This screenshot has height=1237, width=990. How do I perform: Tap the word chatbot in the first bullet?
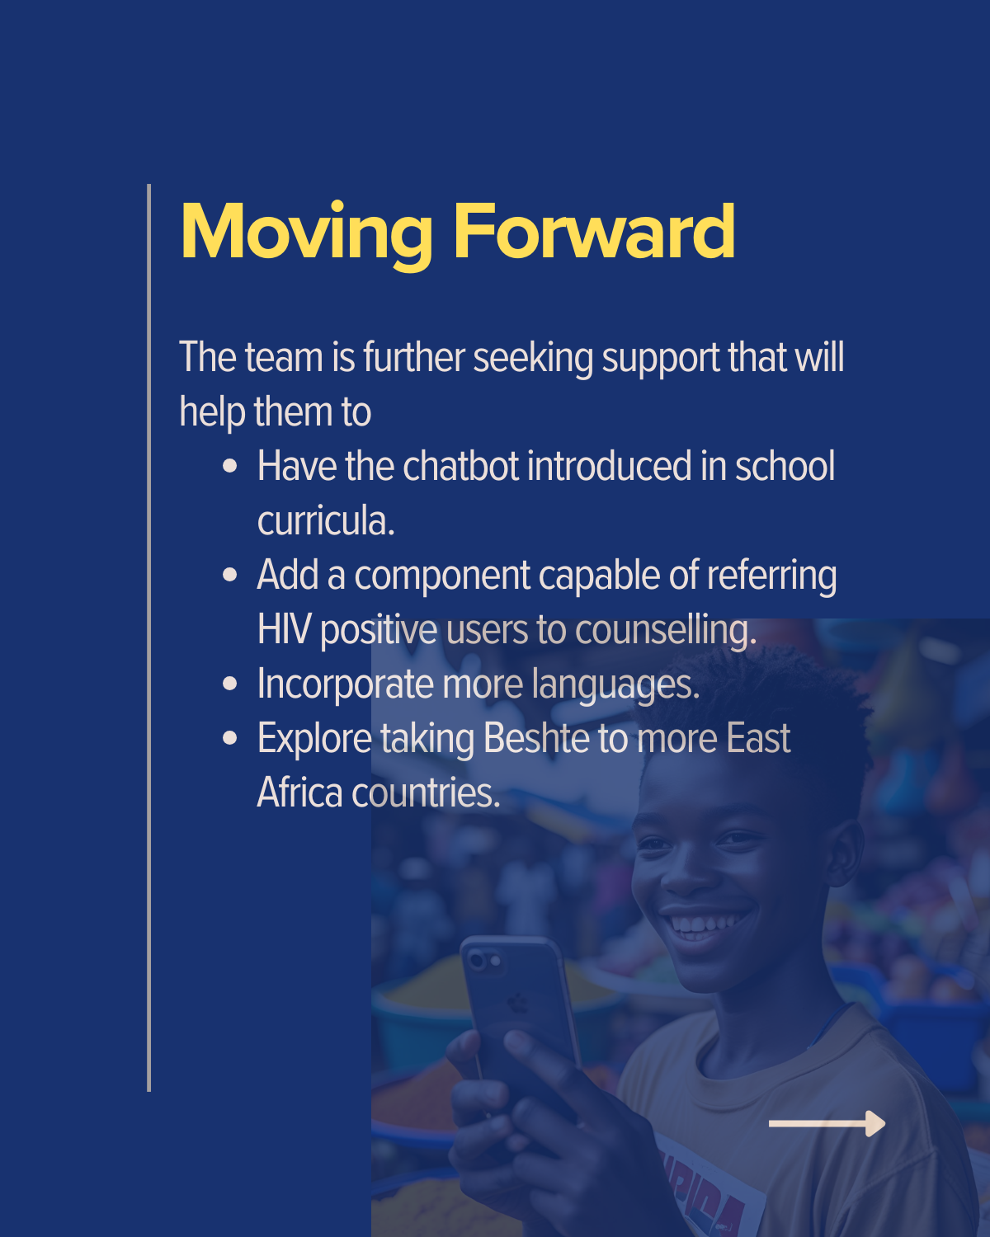coord(461,466)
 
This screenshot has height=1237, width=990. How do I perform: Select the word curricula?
coord(326,520)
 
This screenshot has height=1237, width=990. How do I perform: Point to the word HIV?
coord(284,629)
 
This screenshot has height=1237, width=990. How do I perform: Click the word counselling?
coord(666,631)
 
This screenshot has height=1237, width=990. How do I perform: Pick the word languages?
coord(615,685)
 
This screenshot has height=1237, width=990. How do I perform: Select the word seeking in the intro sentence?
coord(533,358)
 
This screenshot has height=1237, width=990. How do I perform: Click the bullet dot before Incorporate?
coord(229,684)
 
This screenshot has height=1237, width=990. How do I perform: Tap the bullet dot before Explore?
coord(229,737)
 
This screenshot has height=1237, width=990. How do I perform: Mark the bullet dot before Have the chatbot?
coord(229,465)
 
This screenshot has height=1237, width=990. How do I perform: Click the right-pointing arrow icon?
coord(827,1124)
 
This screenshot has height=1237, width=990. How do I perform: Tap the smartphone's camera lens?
coord(477,959)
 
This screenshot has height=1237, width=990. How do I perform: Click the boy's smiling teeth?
coord(702,924)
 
